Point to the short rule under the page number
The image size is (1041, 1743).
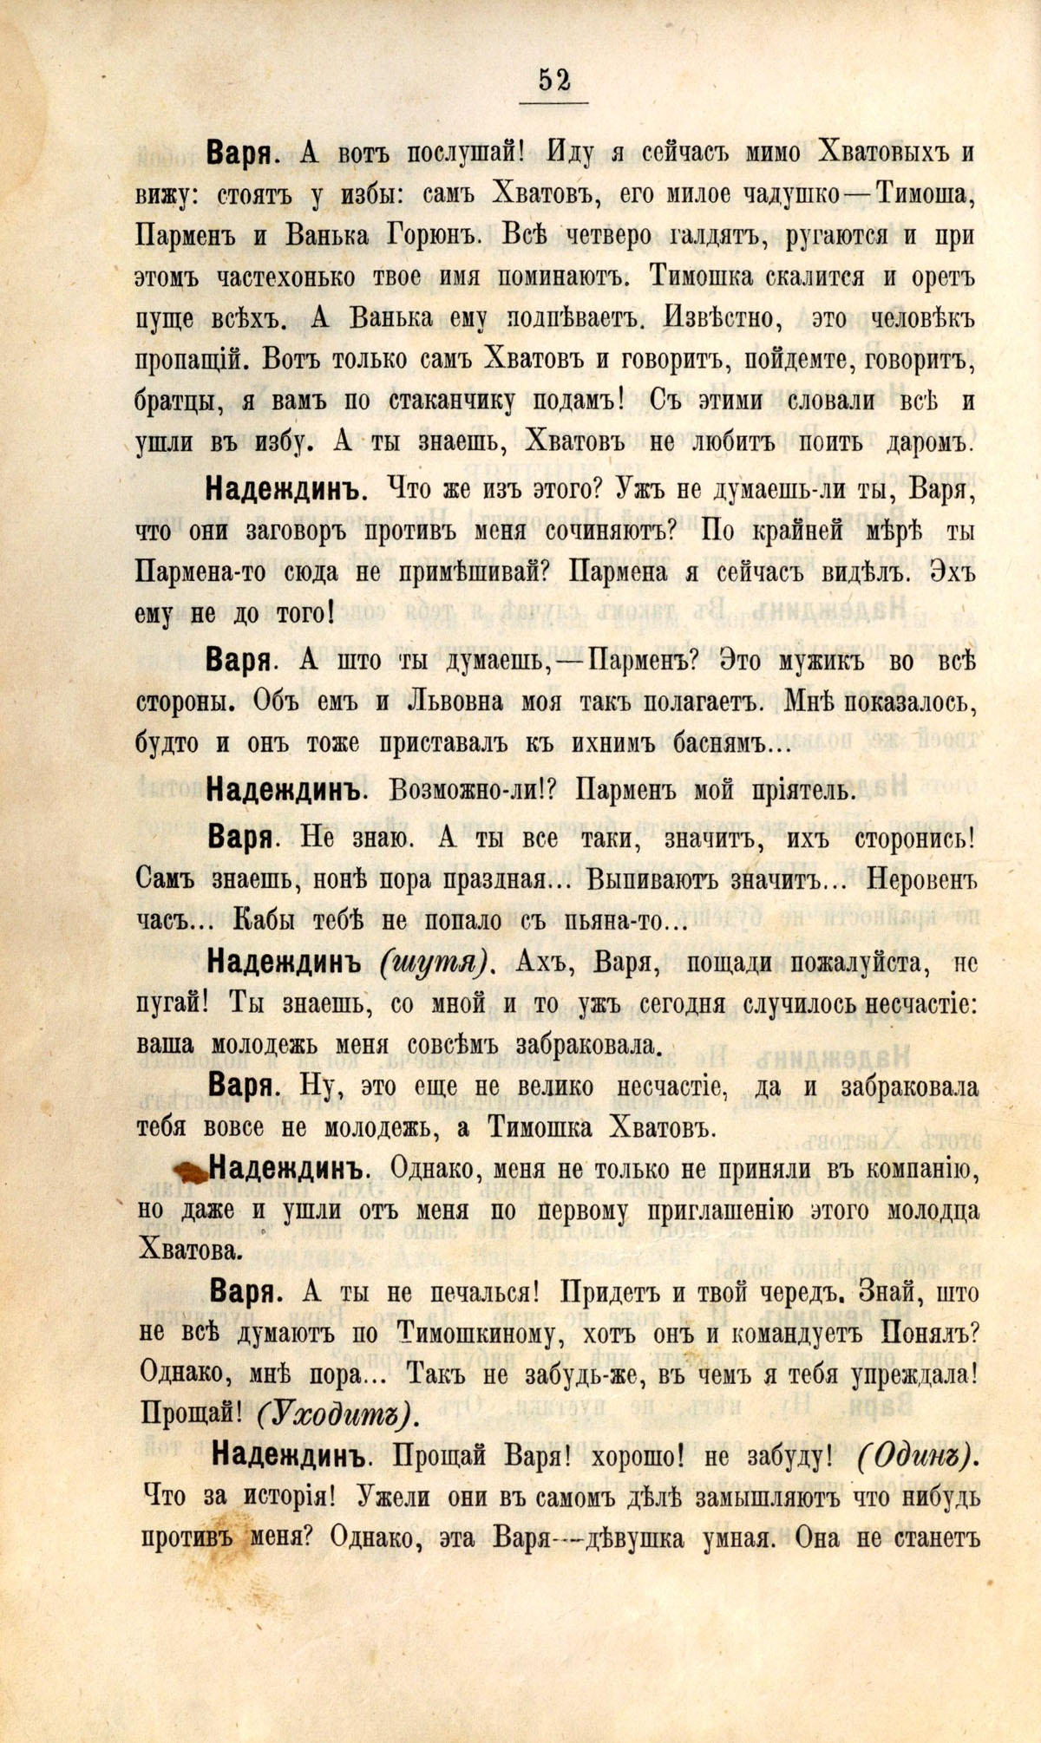click(x=554, y=103)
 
